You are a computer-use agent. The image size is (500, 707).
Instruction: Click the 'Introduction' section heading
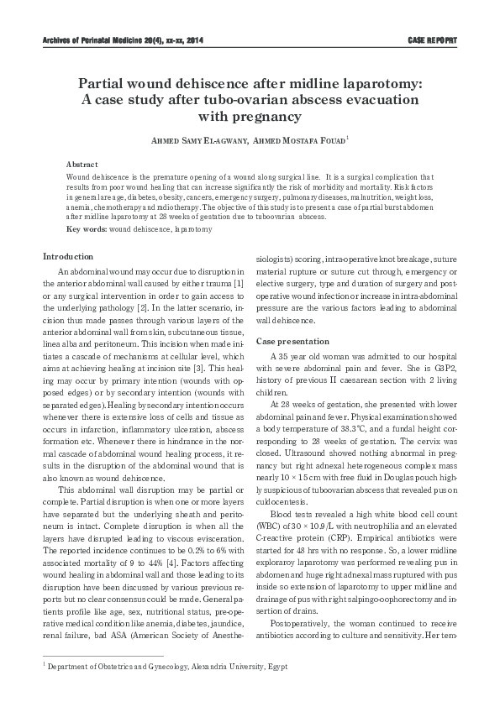pos(69,256)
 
